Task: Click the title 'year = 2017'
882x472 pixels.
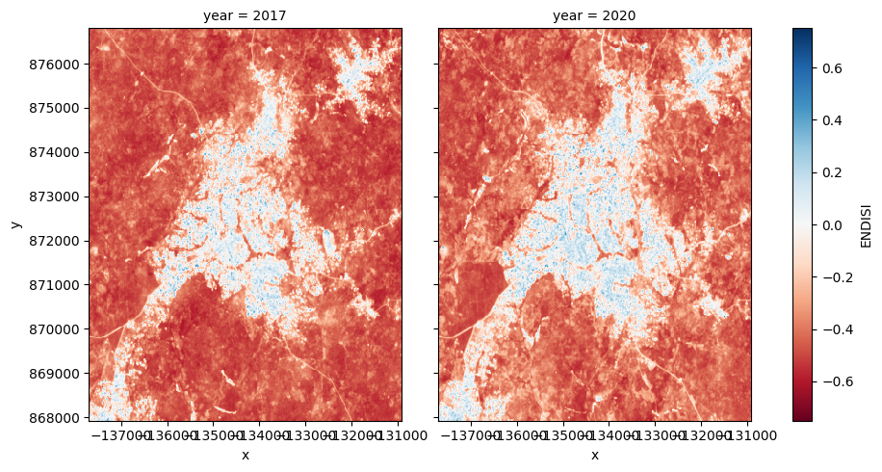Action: pyautogui.click(x=245, y=15)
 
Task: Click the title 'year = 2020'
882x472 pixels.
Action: pyautogui.click(x=594, y=15)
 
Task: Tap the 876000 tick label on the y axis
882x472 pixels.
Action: pyautogui.click(x=60, y=65)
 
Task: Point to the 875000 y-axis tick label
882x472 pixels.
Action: pyautogui.click(x=60, y=109)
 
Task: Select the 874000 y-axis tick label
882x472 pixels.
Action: pyautogui.click(x=60, y=152)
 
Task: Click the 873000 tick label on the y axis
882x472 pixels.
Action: pyautogui.click(x=60, y=197)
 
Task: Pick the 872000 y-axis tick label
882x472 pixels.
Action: pyautogui.click(x=60, y=241)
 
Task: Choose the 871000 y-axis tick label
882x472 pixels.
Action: pyautogui.click(x=60, y=285)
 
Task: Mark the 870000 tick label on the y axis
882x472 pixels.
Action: pyautogui.click(x=60, y=329)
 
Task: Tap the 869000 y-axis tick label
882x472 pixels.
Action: pyautogui.click(x=60, y=374)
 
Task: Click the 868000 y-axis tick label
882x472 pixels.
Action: pyautogui.click(x=60, y=418)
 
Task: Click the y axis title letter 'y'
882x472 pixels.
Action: pyautogui.click(x=15, y=224)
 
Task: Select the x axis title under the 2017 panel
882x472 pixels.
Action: pyautogui.click(x=245, y=455)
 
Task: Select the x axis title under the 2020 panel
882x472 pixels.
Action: pyautogui.click(x=594, y=455)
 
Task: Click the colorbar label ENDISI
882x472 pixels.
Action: pyautogui.click(x=866, y=224)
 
